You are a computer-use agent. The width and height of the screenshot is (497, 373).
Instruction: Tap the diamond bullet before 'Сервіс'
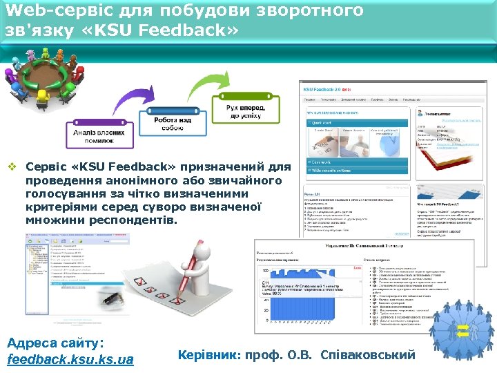coord(12,168)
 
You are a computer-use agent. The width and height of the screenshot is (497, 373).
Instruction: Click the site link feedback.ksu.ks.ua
coord(69,359)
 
